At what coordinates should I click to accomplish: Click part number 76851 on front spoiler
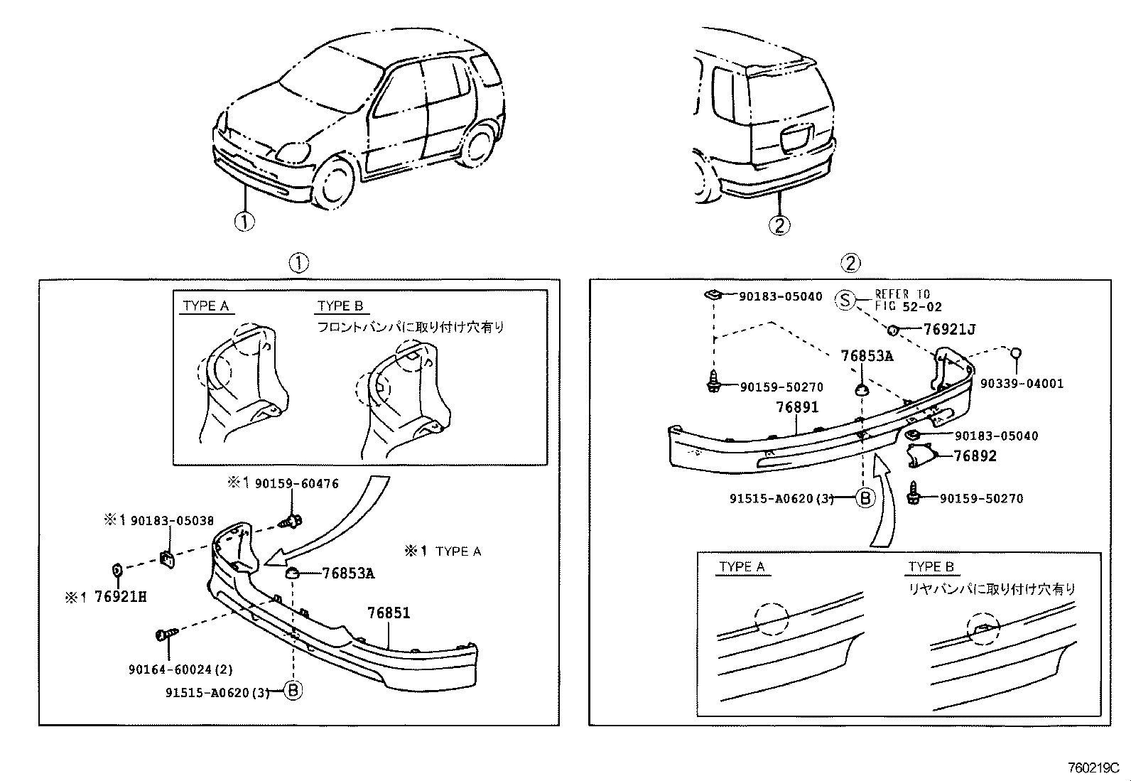pyautogui.click(x=389, y=613)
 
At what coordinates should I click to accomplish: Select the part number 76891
pyautogui.click(x=797, y=407)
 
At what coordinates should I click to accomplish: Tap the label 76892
pyautogui.click(x=975, y=456)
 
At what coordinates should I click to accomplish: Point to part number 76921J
pyautogui.click(x=949, y=329)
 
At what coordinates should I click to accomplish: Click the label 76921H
pyautogui.click(x=120, y=597)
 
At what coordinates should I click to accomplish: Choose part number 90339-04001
pyautogui.click(x=1022, y=384)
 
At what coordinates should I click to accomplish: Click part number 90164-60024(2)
pyautogui.click(x=180, y=669)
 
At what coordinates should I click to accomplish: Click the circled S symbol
pyautogui.click(x=845, y=300)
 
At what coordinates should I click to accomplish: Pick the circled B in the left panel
pyautogui.click(x=293, y=690)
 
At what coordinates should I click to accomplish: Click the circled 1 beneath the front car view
pyautogui.click(x=244, y=222)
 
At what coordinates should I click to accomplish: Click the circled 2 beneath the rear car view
pyautogui.click(x=779, y=225)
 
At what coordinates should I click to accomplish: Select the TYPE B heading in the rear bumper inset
pyautogui.click(x=931, y=566)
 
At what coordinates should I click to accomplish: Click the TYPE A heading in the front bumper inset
pyautogui.click(x=205, y=306)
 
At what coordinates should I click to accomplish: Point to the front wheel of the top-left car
pyautogui.click(x=332, y=184)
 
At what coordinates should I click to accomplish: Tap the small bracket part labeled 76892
pyautogui.click(x=921, y=455)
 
